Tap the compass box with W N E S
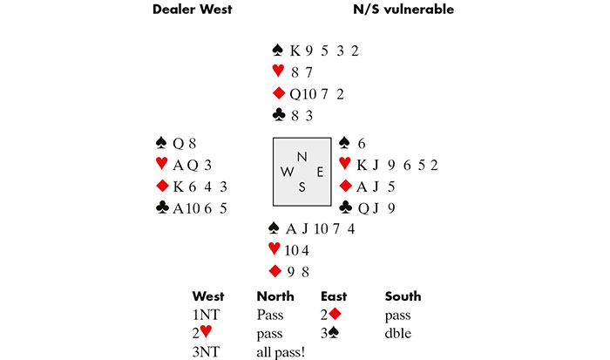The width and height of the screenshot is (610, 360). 302,172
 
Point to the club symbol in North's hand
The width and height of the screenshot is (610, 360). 279,113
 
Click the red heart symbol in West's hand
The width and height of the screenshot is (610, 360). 160,163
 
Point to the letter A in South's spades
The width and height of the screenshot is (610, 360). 295,229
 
